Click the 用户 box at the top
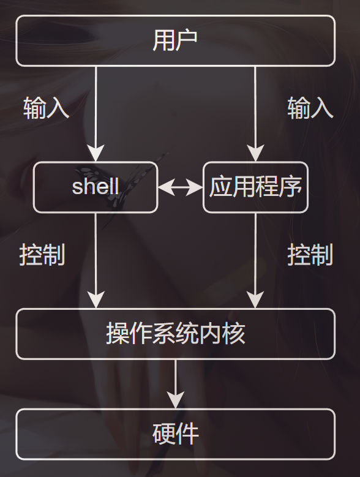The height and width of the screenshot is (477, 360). pos(175,40)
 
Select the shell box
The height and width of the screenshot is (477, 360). pos(96,187)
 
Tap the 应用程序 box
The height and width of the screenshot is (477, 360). pos(255,187)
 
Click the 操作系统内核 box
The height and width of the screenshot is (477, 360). pos(175,334)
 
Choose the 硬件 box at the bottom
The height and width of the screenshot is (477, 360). pos(175,434)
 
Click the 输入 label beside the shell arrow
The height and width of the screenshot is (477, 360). pos(46,108)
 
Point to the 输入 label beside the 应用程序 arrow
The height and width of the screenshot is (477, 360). pos(310,108)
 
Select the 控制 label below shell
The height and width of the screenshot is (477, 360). pos(42,255)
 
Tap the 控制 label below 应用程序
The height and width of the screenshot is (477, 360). pos(310,255)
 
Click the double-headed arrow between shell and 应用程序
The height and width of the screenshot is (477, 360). pos(180,187)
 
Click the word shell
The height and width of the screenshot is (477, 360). pos(96,187)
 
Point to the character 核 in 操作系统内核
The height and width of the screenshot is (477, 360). pos(234,334)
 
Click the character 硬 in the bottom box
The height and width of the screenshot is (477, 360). pos(164,434)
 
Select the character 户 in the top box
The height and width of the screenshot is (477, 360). pos(187,40)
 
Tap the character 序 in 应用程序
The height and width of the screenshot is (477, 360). pos(291,187)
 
